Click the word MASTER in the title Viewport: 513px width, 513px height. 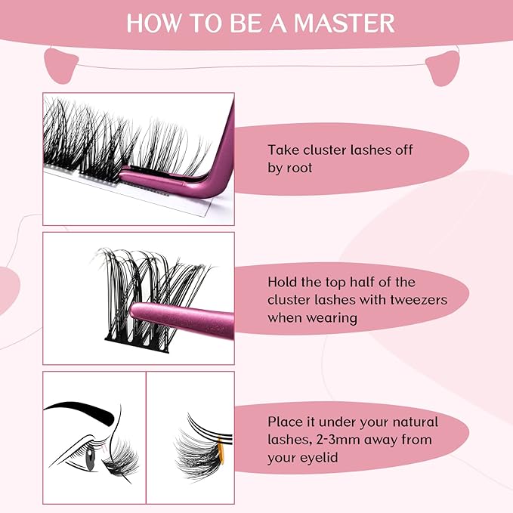pyautogui.click(x=346, y=22)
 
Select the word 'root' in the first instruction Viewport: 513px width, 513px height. pyautogui.click(x=301, y=168)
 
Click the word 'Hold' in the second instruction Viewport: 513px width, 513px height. pyautogui.click(x=282, y=282)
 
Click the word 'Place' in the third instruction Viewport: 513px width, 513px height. pyautogui.click(x=284, y=422)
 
